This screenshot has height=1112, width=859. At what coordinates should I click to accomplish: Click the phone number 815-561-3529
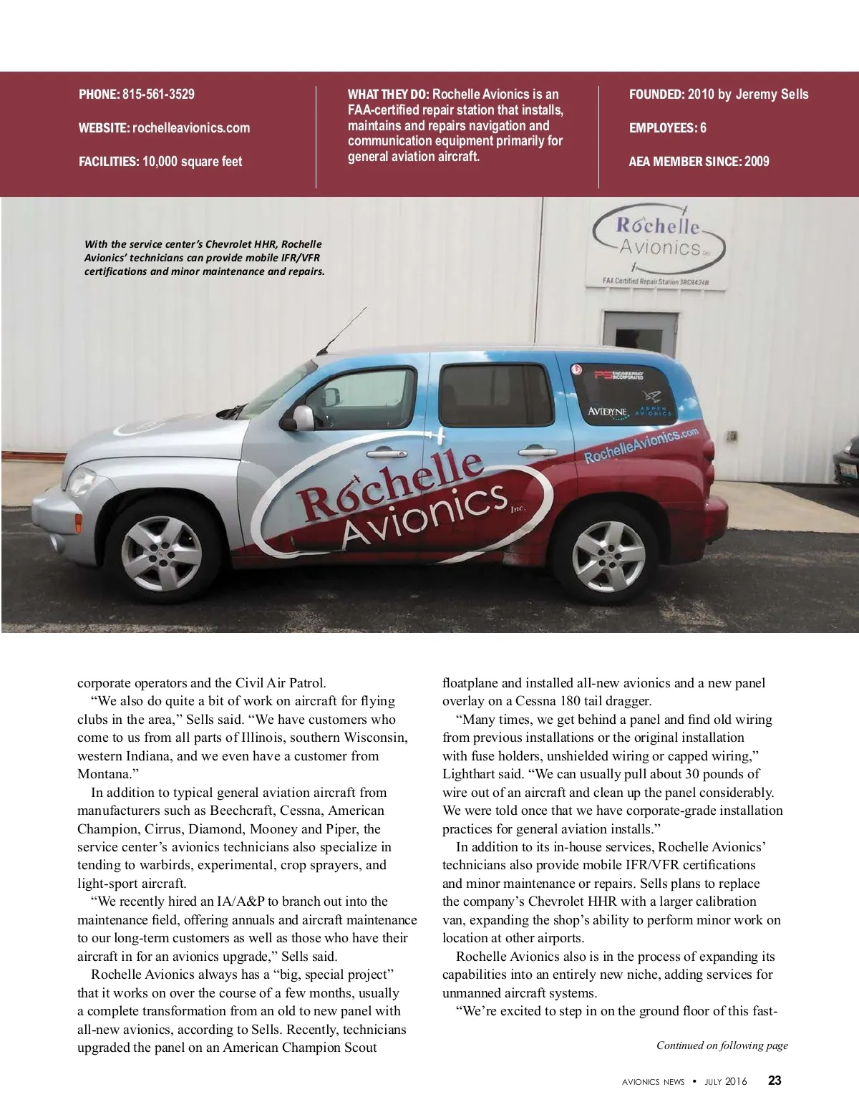[158, 95]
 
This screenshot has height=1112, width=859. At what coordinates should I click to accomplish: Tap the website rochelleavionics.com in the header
[191, 128]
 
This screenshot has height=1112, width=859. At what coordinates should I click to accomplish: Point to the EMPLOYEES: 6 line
[667, 128]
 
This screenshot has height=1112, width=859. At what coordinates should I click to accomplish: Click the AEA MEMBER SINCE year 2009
[756, 162]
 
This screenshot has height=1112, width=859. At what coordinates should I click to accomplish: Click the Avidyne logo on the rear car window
[607, 412]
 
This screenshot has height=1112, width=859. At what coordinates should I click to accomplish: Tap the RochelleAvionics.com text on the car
[641, 445]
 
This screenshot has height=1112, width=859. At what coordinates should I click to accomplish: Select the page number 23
[775, 1080]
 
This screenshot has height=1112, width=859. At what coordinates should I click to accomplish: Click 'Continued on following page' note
[722, 1045]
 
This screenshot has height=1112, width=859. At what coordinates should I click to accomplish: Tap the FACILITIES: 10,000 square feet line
[160, 162]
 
